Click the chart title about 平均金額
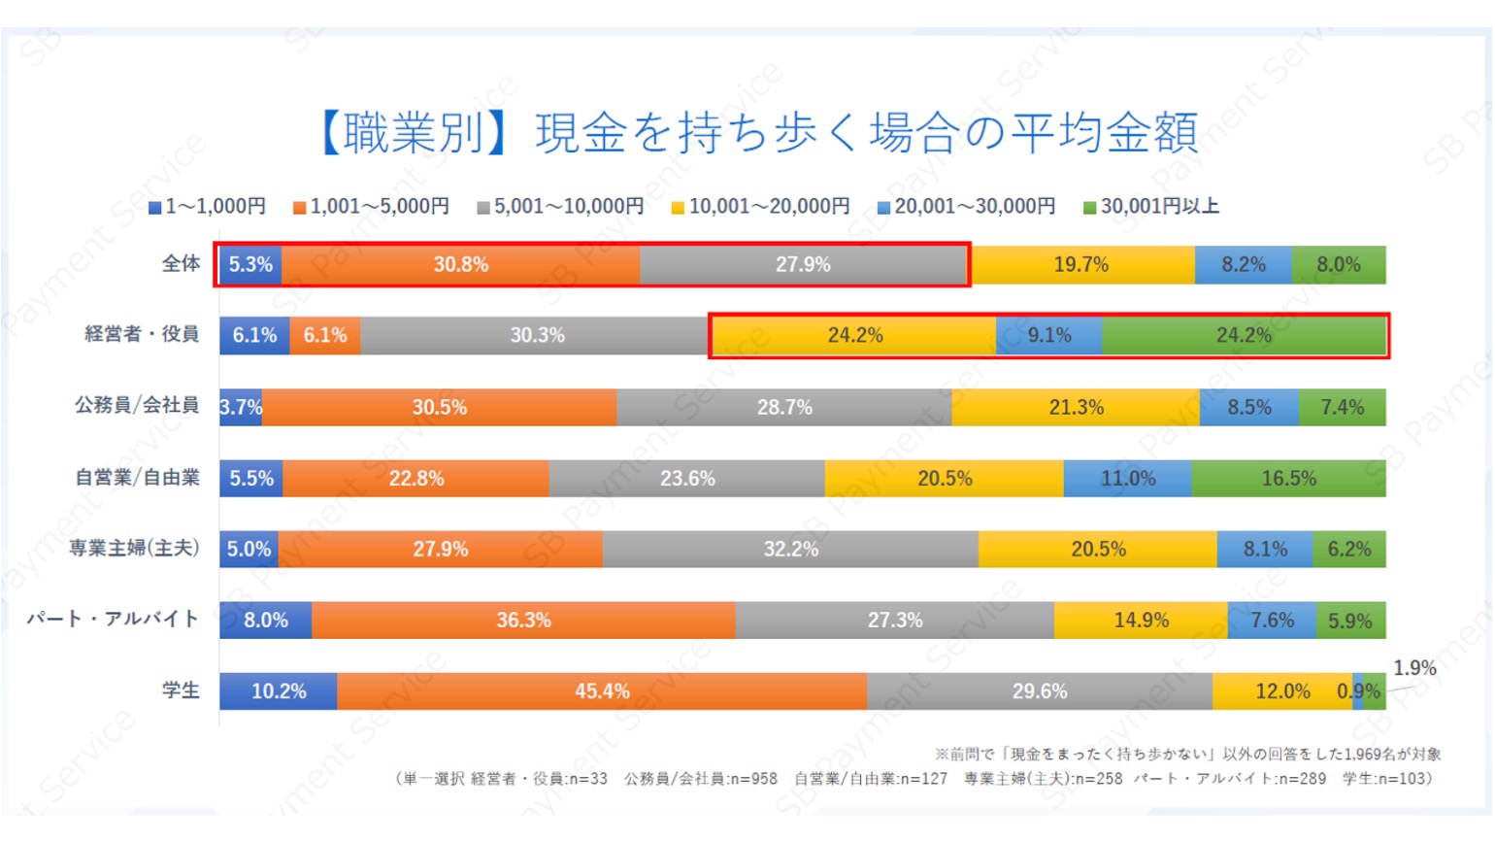coord(759,133)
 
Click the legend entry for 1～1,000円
coord(207,207)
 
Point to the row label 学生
coord(181,690)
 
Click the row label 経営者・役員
coord(142,334)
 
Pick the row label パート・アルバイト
coord(113,620)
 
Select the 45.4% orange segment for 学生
coord(602,691)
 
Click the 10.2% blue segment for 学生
coord(279,691)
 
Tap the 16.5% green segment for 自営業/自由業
coord(1288,479)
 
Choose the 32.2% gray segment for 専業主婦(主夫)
coord(790,550)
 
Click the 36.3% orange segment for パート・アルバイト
coord(523,621)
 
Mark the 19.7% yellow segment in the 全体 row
coord(1081,265)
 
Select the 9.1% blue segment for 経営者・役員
coord(1049,336)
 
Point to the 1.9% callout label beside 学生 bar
coord(1414,668)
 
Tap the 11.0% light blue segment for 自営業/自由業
coord(1127,479)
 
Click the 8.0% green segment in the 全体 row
coord(1338,265)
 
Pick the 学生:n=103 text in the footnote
coord(1386,779)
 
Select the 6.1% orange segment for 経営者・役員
coord(325,336)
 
